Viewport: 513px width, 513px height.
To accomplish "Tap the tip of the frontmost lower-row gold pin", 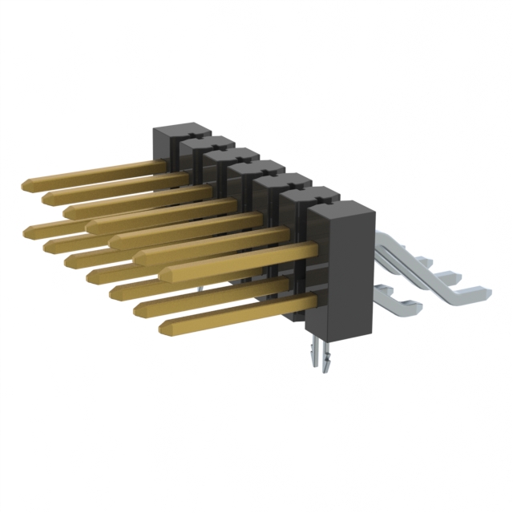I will (x=165, y=327).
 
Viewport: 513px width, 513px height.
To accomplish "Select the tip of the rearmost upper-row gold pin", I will (x=27, y=185).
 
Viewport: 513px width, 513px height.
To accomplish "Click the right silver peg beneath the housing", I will (x=327, y=362).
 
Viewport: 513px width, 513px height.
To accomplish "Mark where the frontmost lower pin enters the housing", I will (x=307, y=301).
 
